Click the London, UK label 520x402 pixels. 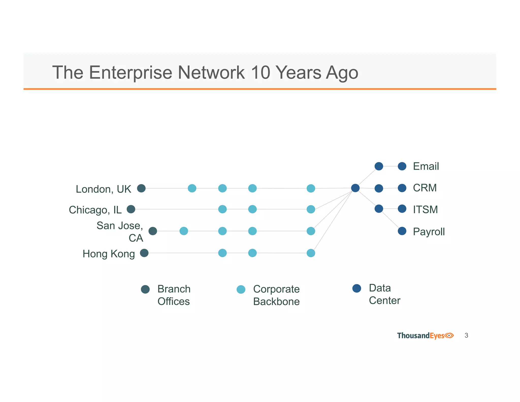[103, 189]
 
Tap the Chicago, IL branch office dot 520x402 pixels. [131, 209]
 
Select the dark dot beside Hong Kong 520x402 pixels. [144, 253]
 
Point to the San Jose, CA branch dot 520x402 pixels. [153, 231]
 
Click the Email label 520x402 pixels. [426, 166]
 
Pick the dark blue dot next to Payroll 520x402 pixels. [402, 231]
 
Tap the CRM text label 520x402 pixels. [425, 188]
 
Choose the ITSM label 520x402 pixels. [425, 210]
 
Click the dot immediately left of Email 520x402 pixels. [402, 166]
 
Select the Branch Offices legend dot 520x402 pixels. [145, 289]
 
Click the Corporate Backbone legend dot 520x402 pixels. [241, 289]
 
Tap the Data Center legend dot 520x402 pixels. [357, 288]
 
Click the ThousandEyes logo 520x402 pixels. [425, 336]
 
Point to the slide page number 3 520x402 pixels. [466, 335]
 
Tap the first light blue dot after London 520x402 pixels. [192, 188]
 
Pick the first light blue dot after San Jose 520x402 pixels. [184, 231]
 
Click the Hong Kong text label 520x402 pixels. [109, 254]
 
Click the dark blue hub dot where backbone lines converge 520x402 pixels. [355, 188]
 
